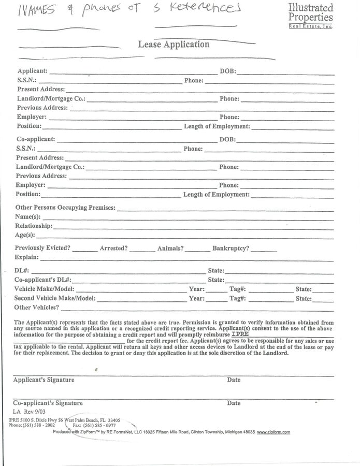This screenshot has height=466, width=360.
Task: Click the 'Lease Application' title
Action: pyautogui.click(x=174, y=45)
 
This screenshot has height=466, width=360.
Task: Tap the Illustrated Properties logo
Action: pyautogui.click(x=311, y=16)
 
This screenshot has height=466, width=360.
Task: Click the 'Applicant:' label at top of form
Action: pyautogui.click(x=32, y=71)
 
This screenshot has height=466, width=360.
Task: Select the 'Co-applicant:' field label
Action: pyautogui.click(x=36, y=140)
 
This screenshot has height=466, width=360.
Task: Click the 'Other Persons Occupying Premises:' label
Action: pyautogui.click(x=65, y=208)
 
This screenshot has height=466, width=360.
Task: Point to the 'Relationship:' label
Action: pyautogui.click(x=34, y=226)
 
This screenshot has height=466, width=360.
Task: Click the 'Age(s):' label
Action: pyautogui.click(x=25, y=235)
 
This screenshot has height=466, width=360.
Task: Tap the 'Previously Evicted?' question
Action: pyautogui.click(x=42, y=249)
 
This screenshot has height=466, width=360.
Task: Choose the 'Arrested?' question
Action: pyautogui.click(x=113, y=249)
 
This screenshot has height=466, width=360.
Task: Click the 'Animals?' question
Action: pyautogui.click(x=170, y=249)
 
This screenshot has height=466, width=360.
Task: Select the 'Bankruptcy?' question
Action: pyautogui.click(x=231, y=249)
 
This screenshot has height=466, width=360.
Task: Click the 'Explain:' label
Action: pyautogui.click(x=26, y=257)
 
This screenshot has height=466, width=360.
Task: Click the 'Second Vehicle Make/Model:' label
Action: pyautogui.click(x=54, y=298)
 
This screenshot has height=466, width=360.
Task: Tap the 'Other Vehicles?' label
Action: pyautogui.click(x=36, y=308)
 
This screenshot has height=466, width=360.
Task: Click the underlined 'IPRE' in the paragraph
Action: pyautogui.click(x=240, y=334)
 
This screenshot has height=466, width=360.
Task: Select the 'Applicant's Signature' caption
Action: pyautogui.click(x=44, y=380)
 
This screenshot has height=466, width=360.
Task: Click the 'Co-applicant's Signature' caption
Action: pyautogui.click(x=48, y=403)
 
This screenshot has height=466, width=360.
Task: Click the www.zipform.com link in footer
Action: pyautogui.click(x=273, y=432)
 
